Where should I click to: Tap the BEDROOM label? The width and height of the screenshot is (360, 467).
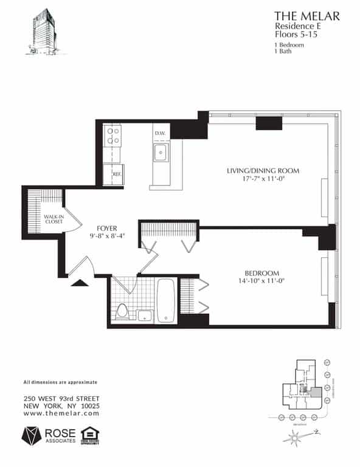(x=261, y=272)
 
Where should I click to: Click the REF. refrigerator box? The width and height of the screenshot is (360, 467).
(x=115, y=174)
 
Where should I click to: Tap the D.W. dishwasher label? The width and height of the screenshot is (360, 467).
(x=160, y=133)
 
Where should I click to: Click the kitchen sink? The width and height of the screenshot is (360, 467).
(x=161, y=151)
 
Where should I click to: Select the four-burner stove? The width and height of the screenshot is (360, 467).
(x=112, y=135)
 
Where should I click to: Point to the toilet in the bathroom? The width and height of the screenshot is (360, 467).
(x=121, y=311)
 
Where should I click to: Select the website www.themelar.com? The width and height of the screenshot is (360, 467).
(x=61, y=413)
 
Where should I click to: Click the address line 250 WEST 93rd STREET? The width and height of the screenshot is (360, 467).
(x=61, y=398)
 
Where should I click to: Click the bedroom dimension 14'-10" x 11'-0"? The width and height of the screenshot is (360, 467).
(x=261, y=281)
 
